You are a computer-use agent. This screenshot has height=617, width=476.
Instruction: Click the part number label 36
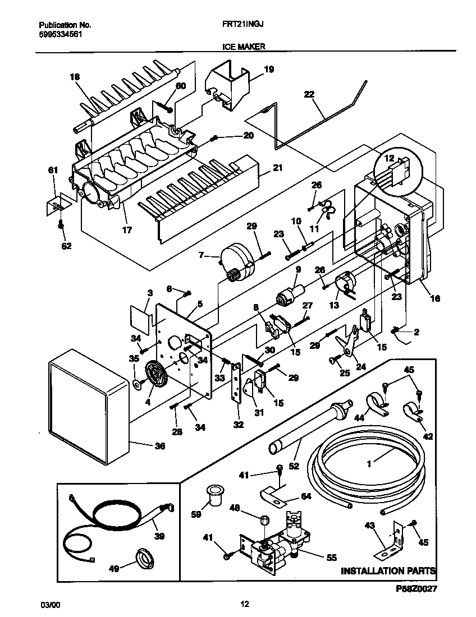click(159, 446)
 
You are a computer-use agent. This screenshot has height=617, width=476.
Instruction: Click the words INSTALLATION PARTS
click(388, 570)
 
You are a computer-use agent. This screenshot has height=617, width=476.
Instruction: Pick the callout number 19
click(269, 70)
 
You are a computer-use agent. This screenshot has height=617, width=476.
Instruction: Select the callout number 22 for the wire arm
click(309, 94)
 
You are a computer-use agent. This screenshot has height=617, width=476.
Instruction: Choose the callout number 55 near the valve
click(332, 558)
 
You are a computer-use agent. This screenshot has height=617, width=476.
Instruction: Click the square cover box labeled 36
click(89, 406)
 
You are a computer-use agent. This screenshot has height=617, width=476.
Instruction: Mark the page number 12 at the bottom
click(245, 604)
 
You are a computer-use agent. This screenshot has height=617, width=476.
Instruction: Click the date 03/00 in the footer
click(50, 605)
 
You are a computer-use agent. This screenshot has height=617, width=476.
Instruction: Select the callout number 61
click(53, 170)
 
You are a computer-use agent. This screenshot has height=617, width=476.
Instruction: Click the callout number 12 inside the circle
click(389, 158)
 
